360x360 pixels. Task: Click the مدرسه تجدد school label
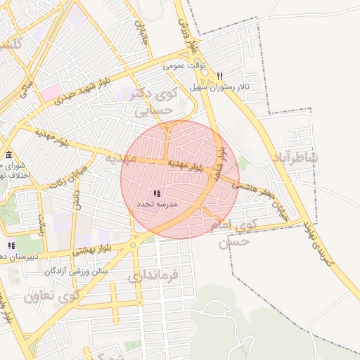click(x=156, y=202)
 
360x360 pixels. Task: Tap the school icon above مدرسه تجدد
click(x=156, y=193)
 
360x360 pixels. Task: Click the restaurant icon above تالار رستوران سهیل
click(x=220, y=76)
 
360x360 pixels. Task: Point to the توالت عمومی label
click(x=184, y=66)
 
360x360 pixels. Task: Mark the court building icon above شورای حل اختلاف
click(x=8, y=155)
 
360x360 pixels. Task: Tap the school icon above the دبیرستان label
click(x=11, y=245)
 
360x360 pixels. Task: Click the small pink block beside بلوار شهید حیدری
click(x=51, y=91)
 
